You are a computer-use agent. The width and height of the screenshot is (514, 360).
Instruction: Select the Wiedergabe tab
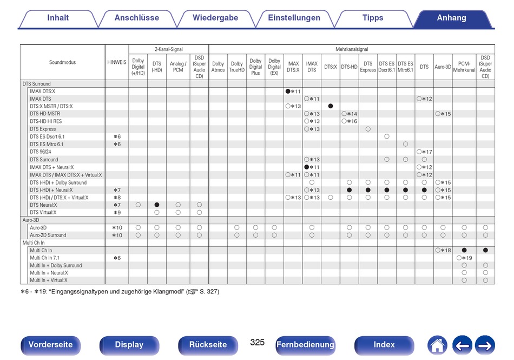click(x=215, y=18)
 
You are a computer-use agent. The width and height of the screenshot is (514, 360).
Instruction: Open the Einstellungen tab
click(x=294, y=18)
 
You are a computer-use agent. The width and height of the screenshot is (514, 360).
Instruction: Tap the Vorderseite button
click(x=50, y=345)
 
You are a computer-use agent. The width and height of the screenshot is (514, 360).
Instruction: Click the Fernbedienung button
click(x=305, y=345)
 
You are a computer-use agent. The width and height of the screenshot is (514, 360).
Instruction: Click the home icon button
click(x=437, y=345)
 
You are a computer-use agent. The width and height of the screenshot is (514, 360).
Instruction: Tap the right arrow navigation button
click(x=485, y=345)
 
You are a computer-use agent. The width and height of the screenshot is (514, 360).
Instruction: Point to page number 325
click(x=258, y=343)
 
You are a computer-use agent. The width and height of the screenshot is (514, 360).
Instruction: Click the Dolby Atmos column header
click(x=218, y=67)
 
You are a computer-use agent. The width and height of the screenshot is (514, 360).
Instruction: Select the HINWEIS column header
click(x=117, y=62)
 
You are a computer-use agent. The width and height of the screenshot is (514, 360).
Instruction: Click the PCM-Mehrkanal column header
click(x=464, y=67)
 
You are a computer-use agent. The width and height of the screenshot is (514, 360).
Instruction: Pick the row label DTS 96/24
click(x=41, y=152)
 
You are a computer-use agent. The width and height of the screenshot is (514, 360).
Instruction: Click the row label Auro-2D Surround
click(x=48, y=235)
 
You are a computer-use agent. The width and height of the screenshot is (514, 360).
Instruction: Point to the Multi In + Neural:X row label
click(x=49, y=273)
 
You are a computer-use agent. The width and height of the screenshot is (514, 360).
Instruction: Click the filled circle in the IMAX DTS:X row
click(x=288, y=91)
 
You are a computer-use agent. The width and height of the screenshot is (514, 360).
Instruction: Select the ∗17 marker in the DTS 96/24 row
click(x=427, y=152)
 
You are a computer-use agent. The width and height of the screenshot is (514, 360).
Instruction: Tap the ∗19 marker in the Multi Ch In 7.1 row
click(x=467, y=258)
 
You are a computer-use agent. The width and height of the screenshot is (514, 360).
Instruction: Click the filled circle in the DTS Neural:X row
click(x=157, y=205)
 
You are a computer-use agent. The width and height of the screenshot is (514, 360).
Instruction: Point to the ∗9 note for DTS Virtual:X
click(x=117, y=213)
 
